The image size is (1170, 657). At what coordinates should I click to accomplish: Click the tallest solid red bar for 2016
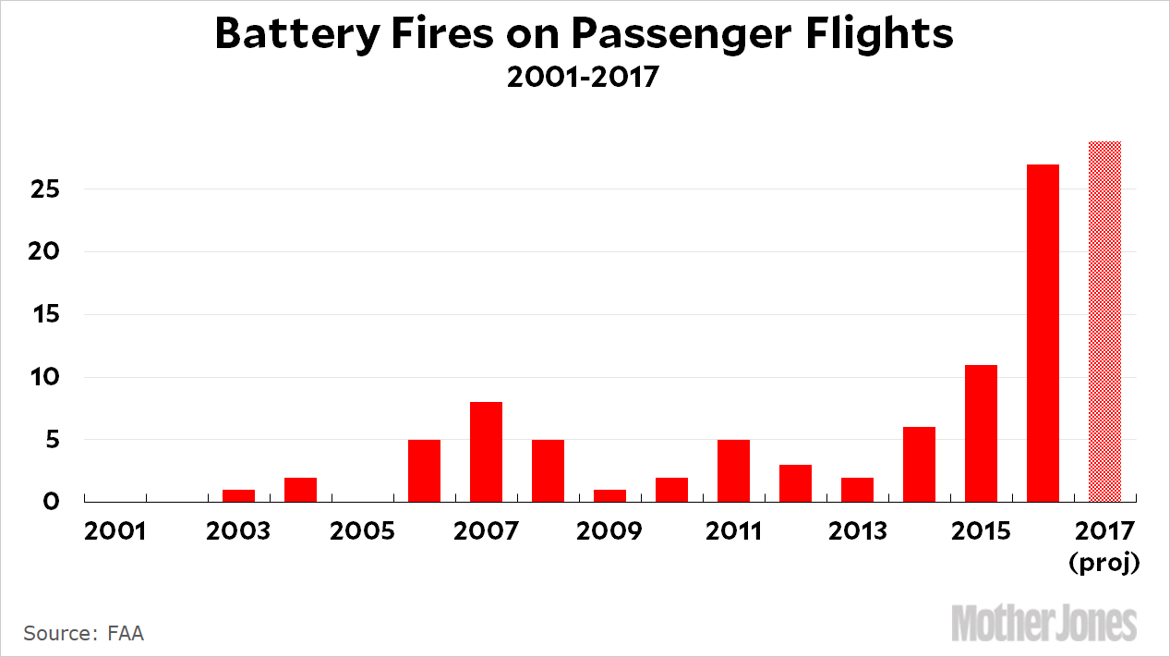point(1043,333)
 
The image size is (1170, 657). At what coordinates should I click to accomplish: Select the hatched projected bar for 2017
point(1104,322)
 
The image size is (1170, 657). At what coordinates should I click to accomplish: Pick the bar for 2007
point(486,452)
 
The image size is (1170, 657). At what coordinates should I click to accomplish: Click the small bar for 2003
point(238,495)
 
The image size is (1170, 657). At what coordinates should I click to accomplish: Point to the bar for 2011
point(733,470)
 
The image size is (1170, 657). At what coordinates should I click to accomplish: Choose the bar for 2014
point(919,464)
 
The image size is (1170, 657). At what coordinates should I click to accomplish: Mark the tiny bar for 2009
point(609,495)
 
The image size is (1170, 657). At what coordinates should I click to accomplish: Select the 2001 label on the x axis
point(115,532)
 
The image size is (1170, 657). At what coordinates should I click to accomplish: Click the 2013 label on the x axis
point(857,532)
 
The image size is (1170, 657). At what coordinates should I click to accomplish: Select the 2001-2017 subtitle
point(583,77)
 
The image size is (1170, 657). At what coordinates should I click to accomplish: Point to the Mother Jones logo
point(1043,623)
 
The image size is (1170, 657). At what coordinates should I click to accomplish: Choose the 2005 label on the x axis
point(362,532)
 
